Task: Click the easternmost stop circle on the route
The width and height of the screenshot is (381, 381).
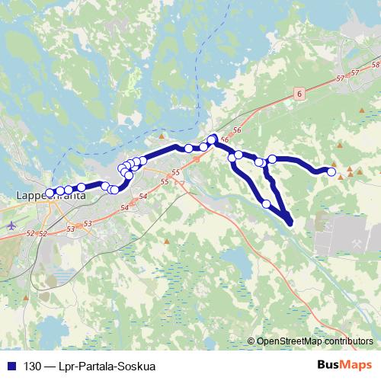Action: tap(331, 172)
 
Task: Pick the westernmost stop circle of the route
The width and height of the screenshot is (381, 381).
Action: tap(50, 194)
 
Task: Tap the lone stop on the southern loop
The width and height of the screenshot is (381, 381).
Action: tap(266, 203)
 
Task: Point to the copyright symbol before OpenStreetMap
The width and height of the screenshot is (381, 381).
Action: tap(251, 341)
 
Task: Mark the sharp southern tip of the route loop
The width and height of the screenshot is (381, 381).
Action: tap(290, 223)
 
